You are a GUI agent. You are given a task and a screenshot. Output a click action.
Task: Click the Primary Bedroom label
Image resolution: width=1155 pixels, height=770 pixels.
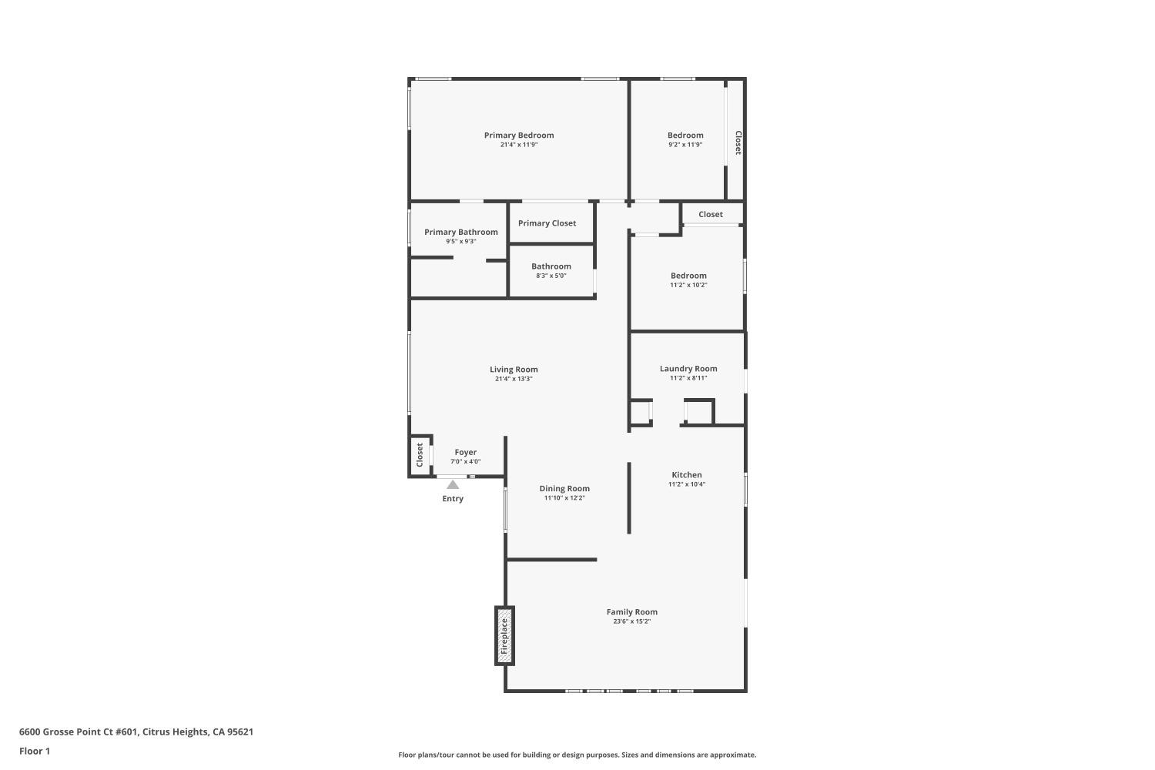click(x=519, y=136)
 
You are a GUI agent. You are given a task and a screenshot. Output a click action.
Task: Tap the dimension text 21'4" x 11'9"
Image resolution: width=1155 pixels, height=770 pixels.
click(x=519, y=145)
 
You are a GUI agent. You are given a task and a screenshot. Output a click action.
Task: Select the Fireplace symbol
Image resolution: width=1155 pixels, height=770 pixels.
click(x=504, y=635)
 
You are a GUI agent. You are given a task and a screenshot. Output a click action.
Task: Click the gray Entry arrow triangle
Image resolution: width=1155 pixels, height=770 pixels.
click(x=453, y=484)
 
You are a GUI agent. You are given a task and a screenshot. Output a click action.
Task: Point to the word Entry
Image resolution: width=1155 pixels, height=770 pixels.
click(x=453, y=499)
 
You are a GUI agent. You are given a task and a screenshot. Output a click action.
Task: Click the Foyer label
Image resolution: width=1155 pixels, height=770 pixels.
click(x=465, y=453)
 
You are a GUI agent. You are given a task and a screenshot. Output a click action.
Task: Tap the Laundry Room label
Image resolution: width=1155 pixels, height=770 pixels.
click(x=688, y=369)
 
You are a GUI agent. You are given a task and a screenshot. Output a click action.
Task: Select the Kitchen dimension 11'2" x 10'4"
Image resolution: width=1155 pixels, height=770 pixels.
click(x=687, y=484)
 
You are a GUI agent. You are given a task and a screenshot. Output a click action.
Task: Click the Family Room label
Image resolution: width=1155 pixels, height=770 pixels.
click(x=631, y=612)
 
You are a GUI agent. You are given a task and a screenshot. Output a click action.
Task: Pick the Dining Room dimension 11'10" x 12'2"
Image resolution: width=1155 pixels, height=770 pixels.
click(x=564, y=498)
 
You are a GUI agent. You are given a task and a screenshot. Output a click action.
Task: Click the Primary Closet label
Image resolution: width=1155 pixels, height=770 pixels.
click(x=547, y=223)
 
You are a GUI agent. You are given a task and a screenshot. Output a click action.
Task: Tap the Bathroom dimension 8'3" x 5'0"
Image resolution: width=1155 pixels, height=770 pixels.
click(x=551, y=276)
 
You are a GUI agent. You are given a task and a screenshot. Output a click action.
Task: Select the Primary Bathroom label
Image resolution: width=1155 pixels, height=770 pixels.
click(x=461, y=232)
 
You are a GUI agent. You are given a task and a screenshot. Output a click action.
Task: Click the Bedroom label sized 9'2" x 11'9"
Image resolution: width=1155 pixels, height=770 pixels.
click(x=685, y=136)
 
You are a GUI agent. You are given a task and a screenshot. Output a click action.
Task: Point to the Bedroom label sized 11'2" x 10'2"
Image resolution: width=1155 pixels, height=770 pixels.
click(x=688, y=276)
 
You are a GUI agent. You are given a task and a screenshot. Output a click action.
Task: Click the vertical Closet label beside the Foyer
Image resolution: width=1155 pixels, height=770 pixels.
click(x=420, y=454)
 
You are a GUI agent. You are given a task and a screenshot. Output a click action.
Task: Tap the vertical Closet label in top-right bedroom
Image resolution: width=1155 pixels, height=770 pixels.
click(x=738, y=142)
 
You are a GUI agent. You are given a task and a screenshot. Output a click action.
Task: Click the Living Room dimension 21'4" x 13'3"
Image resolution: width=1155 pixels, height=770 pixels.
click(x=514, y=379)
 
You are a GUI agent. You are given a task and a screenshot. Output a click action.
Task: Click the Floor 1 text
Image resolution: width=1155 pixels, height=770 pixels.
click(x=35, y=751)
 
